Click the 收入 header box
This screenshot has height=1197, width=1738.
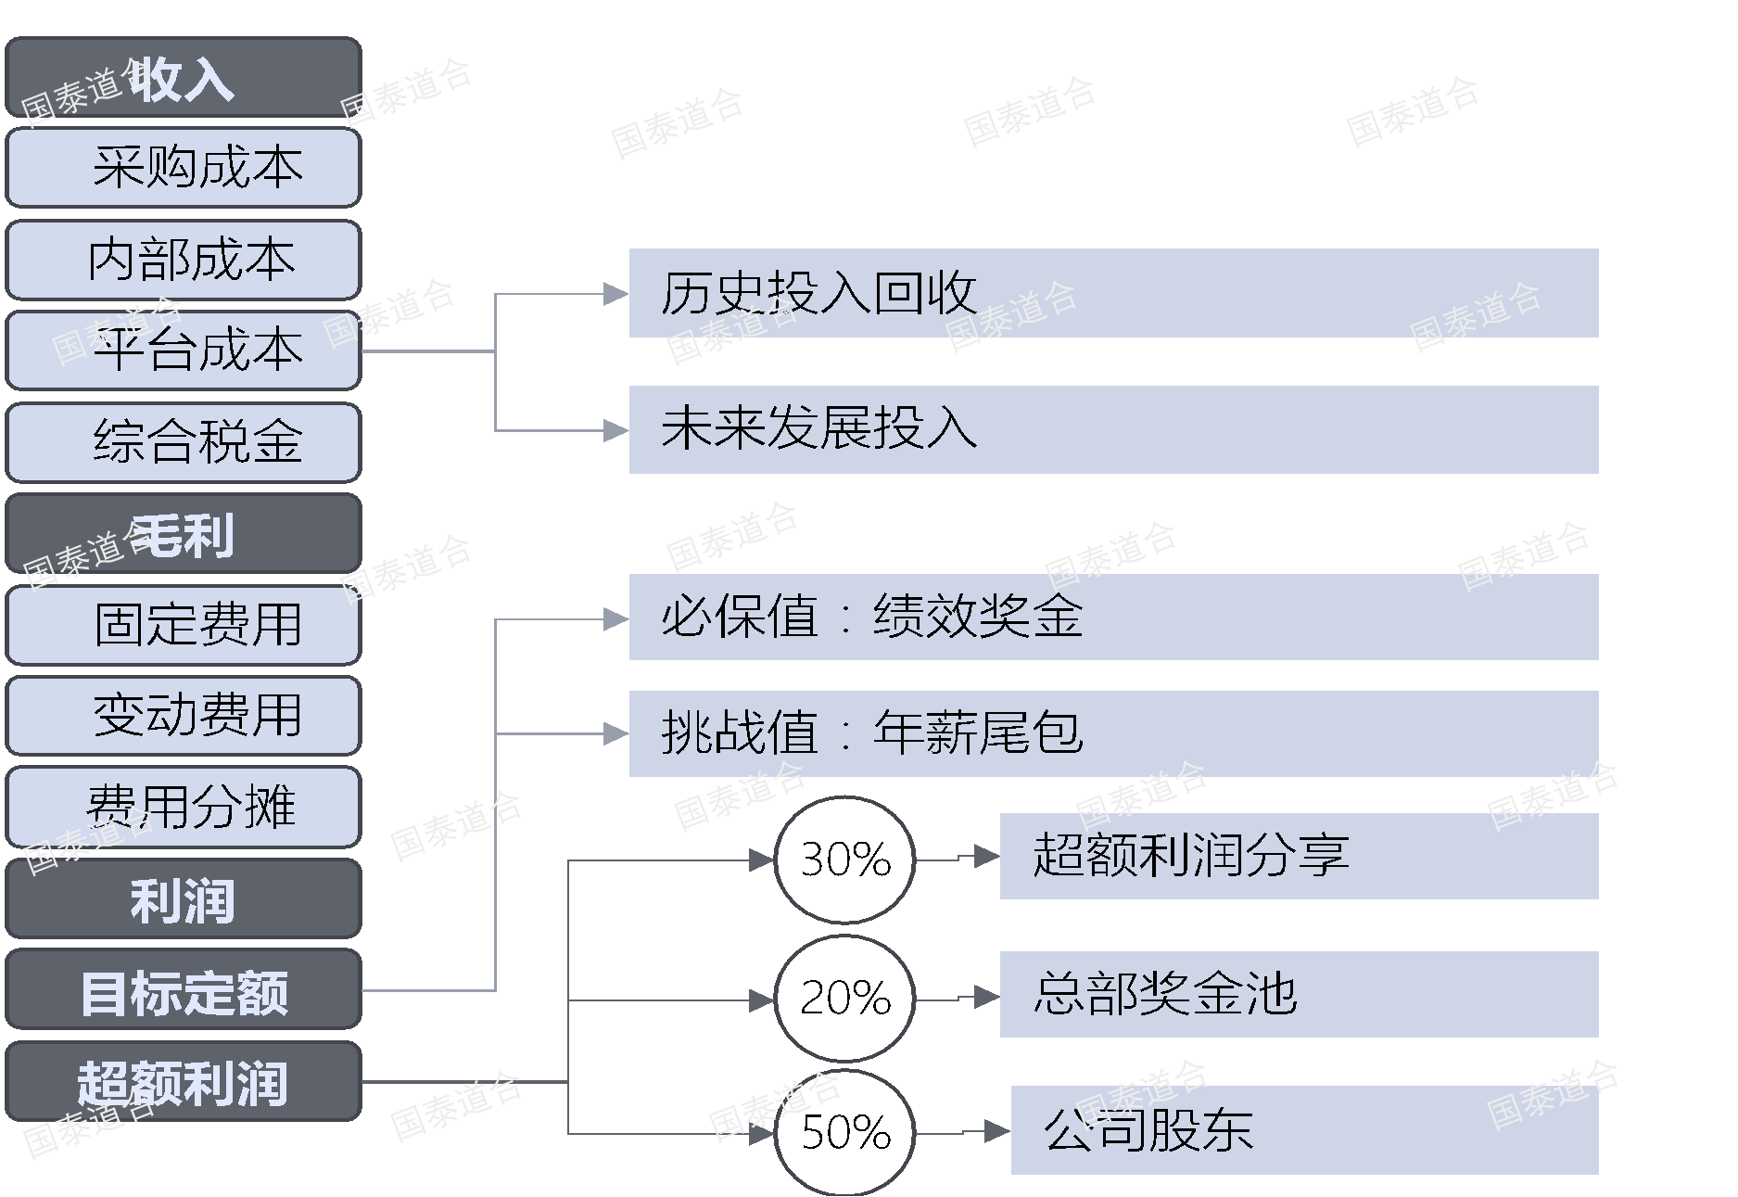pyautogui.click(x=183, y=78)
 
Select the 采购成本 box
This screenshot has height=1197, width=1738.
pyautogui.click(x=183, y=168)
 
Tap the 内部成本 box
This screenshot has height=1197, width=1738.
pyautogui.click(x=183, y=260)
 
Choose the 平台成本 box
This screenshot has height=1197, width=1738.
pyautogui.click(x=183, y=350)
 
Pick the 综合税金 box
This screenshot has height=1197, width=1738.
pyautogui.click(x=183, y=441)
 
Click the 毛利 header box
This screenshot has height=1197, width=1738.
pyautogui.click(x=183, y=533)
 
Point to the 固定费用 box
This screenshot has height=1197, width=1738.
pyautogui.click(x=183, y=624)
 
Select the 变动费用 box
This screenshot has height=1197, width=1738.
pyautogui.click(x=183, y=715)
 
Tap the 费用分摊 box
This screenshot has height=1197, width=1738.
pyautogui.click(x=183, y=807)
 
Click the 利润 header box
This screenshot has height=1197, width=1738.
pyautogui.click(x=183, y=898)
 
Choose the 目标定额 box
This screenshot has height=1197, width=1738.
pyautogui.click(x=183, y=989)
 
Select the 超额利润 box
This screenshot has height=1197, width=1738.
pyautogui.click(x=183, y=1081)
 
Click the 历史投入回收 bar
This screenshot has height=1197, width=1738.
pyautogui.click(x=1112, y=293)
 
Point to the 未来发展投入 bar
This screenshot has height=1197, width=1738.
pyautogui.click(x=1112, y=429)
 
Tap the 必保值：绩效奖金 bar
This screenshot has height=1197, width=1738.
pyautogui.click(x=1112, y=617)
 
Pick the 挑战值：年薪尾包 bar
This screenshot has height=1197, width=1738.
pyautogui.click(x=1112, y=733)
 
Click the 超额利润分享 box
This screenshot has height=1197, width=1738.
pyautogui.click(x=1298, y=856)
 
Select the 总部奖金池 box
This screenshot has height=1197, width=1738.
pyautogui.click(x=1298, y=994)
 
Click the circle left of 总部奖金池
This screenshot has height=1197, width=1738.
pyautogui.click(x=844, y=999)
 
